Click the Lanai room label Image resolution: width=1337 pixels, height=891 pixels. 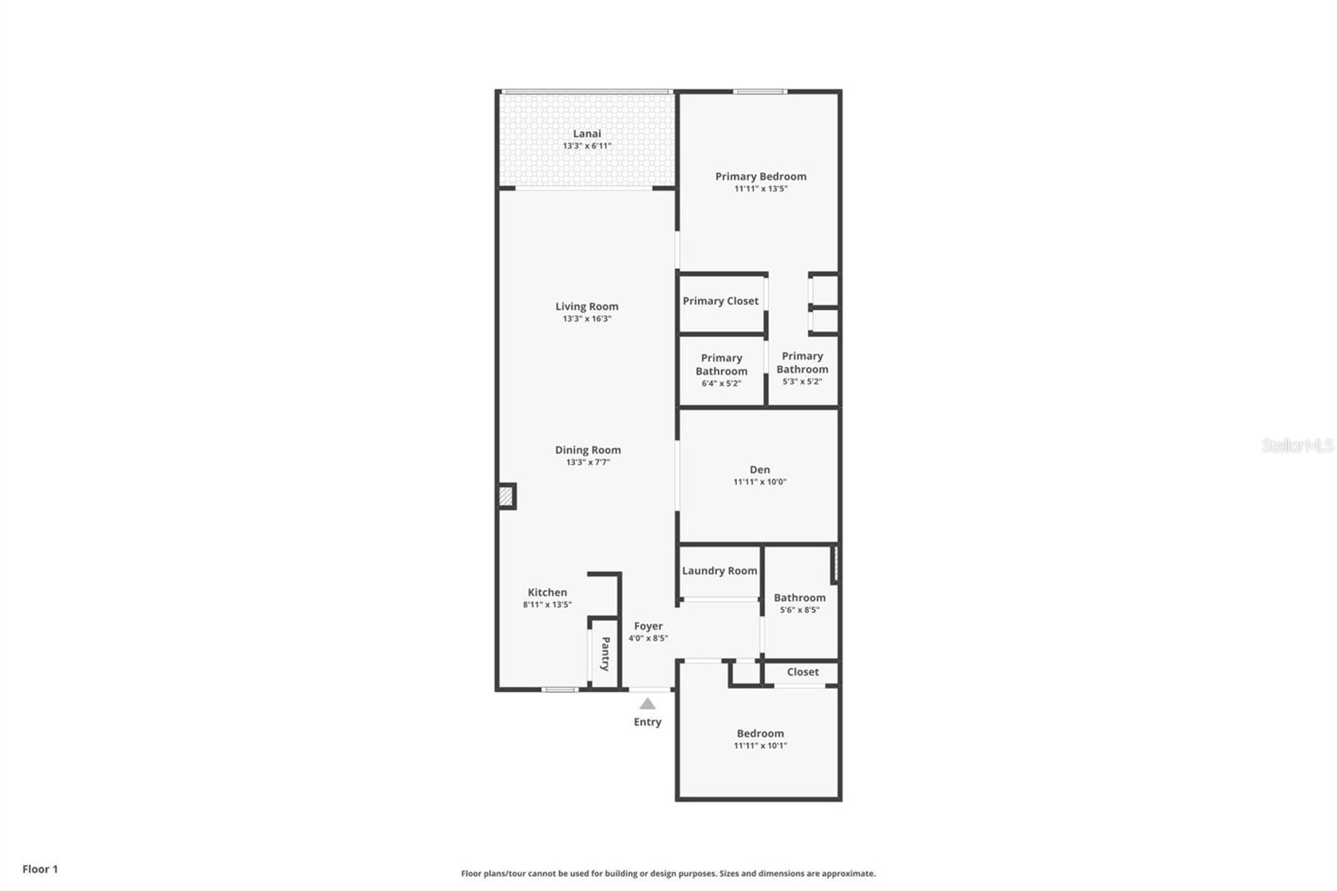tap(587, 134)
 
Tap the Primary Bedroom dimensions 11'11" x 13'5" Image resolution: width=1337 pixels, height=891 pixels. tap(760, 189)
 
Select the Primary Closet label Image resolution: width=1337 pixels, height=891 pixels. tap(720, 301)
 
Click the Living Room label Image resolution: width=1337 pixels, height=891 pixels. tap(587, 307)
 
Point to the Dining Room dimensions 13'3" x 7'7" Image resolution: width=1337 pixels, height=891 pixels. tap(587, 462)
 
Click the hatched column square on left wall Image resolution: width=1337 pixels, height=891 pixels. tap(506, 496)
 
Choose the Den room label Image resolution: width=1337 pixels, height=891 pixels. tap(760, 470)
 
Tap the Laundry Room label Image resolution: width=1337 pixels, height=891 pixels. tap(719, 571)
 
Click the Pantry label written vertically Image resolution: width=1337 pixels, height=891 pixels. tap(605, 654)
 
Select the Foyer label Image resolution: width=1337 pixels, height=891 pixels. tap(648, 626)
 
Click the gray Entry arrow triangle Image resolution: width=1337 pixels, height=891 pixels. tap(648, 704)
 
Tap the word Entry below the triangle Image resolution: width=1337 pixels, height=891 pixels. tap(648, 722)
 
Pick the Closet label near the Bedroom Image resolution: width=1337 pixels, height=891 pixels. tap(802, 672)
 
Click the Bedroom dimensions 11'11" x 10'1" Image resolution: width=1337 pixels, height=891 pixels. tap(760, 746)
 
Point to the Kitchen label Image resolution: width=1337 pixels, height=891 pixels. tap(547, 593)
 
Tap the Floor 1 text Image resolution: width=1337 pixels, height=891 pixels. tap(40, 869)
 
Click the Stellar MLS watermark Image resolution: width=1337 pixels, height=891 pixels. tap(1297, 445)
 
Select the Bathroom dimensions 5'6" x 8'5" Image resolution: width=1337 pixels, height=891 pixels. tap(799, 610)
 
